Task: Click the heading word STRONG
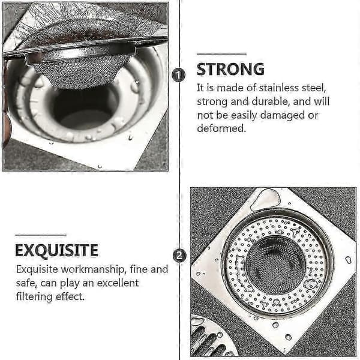[230, 69]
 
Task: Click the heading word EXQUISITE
[57, 250]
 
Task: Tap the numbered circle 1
[179, 75]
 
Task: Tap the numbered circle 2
[179, 256]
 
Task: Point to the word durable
[270, 101]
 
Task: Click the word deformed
[221, 128]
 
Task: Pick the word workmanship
[94, 269]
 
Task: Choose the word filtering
[34, 296]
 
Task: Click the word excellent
[118, 283]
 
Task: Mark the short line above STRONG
[221, 54]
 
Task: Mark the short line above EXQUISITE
[41, 235]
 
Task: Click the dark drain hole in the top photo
[84, 110]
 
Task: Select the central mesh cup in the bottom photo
[275, 266]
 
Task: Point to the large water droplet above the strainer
[265, 200]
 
